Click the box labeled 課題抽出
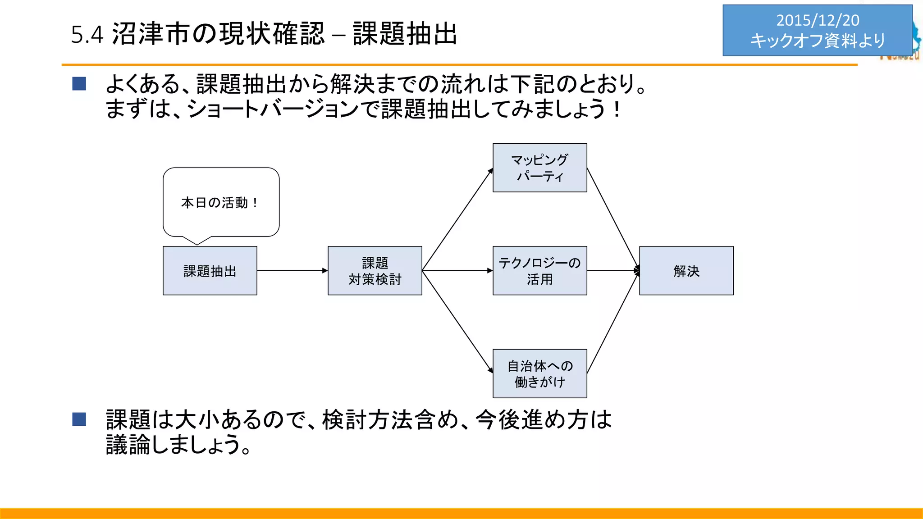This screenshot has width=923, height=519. pos(210,271)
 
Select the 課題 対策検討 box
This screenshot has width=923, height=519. pos(375,271)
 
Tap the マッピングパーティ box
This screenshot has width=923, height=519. pos(539,168)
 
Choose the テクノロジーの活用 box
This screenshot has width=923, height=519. pos(539,271)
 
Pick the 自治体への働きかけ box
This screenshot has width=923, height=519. pos(539,373)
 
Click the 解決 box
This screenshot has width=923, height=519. pos(686,271)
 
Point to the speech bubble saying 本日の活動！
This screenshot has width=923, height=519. pos(221,202)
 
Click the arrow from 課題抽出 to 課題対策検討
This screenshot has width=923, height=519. pos(292,271)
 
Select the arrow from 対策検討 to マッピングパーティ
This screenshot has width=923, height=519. pos(457,220)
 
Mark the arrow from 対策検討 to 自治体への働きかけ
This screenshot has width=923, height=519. pos(457,322)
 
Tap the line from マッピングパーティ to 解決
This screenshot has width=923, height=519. pos(613,219)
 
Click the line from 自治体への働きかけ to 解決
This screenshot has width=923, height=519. pos(613,323)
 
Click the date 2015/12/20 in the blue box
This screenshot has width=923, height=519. pos(818,20)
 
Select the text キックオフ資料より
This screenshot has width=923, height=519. pos(818,41)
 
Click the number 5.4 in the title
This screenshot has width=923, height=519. pos(87,35)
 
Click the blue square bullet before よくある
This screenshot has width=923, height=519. pos(79,84)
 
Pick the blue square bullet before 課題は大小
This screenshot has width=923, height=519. pos(79,419)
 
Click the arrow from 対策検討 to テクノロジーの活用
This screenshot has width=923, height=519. pos(457,271)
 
